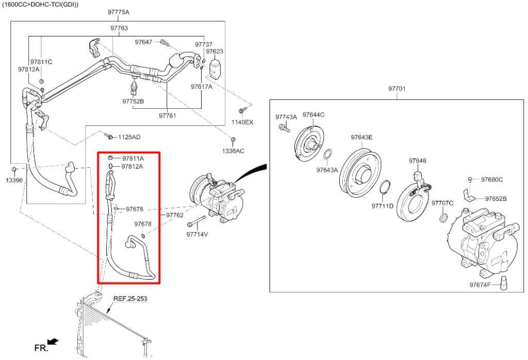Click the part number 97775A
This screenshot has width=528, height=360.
119,12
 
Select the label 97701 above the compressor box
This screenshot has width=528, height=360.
397,89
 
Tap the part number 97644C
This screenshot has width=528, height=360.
313,114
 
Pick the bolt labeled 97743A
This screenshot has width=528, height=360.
283,127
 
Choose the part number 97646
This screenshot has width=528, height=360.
418,161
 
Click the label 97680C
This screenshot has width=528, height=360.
492,179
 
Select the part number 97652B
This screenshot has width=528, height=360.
496,199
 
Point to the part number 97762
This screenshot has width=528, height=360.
175,215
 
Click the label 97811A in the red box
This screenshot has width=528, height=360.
133,158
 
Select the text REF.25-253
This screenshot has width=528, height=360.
130,299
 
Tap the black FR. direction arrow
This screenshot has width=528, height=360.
53,341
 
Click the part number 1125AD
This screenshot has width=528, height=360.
129,137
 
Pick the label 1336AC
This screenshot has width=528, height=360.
234,151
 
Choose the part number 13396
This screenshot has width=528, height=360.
14,180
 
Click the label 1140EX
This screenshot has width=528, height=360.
242,122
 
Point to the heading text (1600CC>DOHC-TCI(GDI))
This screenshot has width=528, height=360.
41,4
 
